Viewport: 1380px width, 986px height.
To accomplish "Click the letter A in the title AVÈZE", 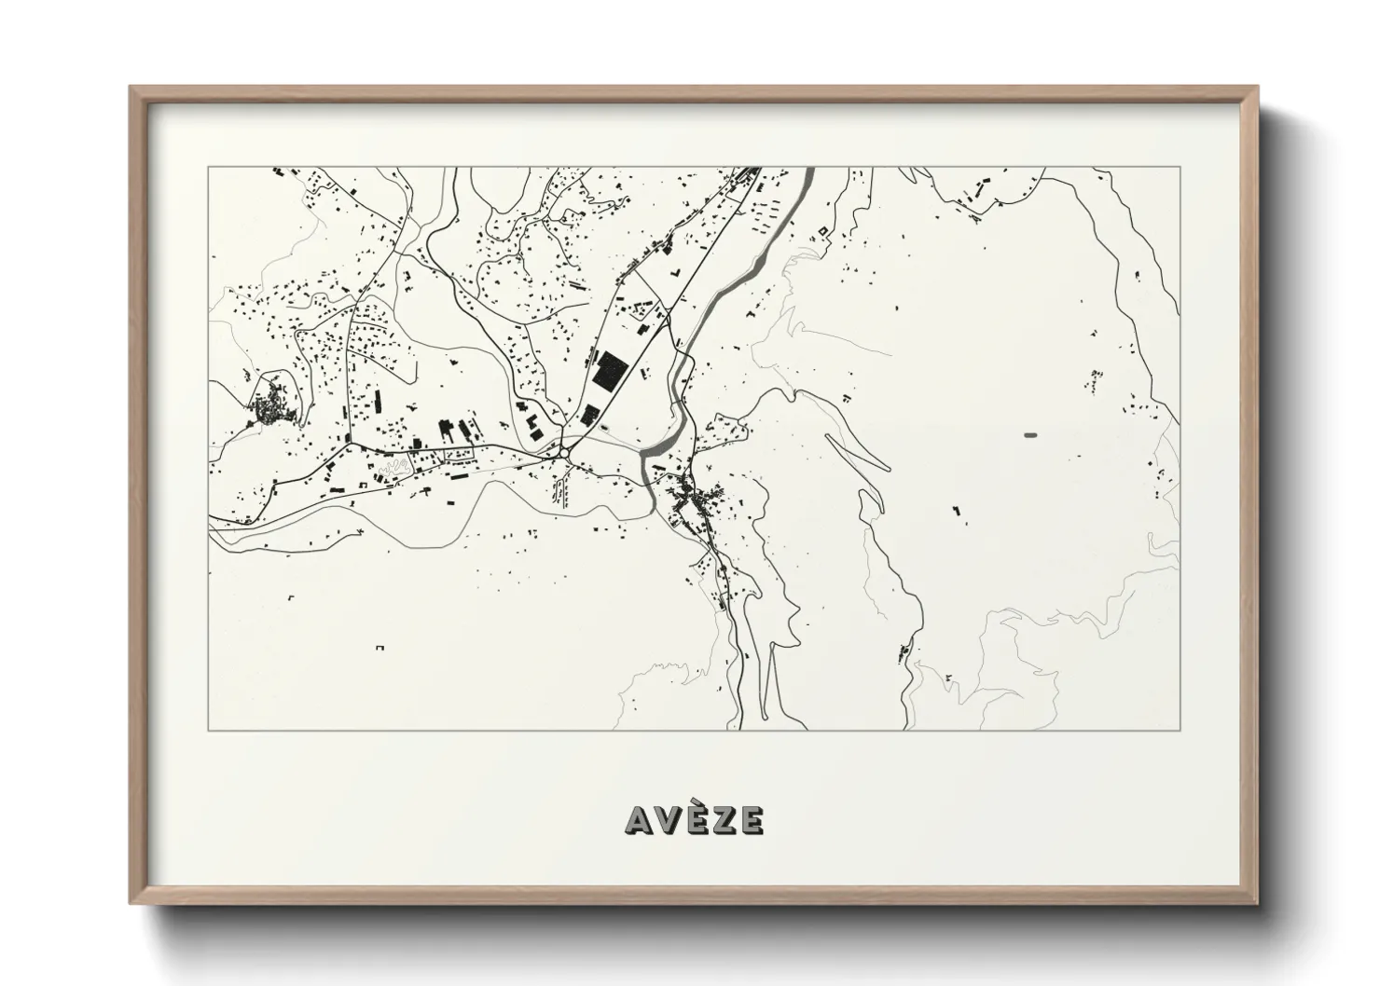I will (641, 820).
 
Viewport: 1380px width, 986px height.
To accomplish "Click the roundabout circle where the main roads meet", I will (564, 453).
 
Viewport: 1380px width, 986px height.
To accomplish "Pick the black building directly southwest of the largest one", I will (589, 415).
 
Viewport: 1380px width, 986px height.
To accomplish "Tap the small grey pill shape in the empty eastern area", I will (1030, 434).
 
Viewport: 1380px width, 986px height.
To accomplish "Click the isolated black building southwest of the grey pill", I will (956, 509).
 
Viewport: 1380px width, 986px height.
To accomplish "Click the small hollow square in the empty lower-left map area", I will (379, 647).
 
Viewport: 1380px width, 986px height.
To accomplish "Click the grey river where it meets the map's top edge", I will (807, 172).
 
